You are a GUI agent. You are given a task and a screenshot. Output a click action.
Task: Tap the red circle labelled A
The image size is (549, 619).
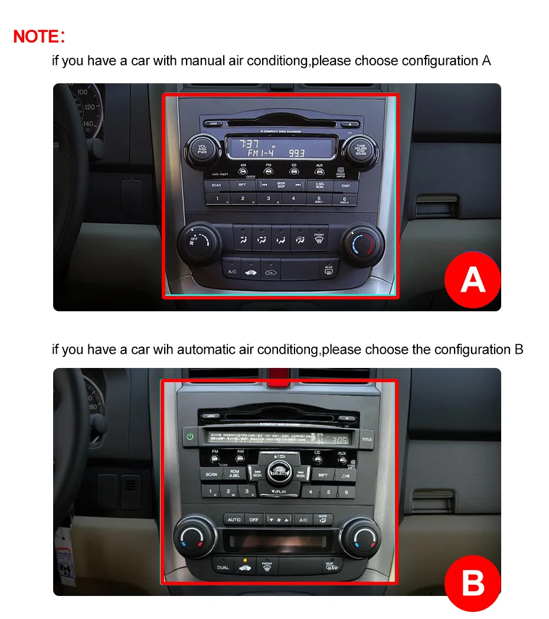[x=472, y=280]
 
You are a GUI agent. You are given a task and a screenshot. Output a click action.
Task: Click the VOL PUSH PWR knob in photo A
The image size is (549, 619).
[x=202, y=149]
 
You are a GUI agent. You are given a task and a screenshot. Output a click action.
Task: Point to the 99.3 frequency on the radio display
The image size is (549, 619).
[x=297, y=152]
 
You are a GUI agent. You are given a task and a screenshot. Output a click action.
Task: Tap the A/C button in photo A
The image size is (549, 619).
[x=233, y=272]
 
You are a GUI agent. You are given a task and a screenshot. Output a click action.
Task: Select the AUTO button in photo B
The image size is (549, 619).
[x=234, y=519]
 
